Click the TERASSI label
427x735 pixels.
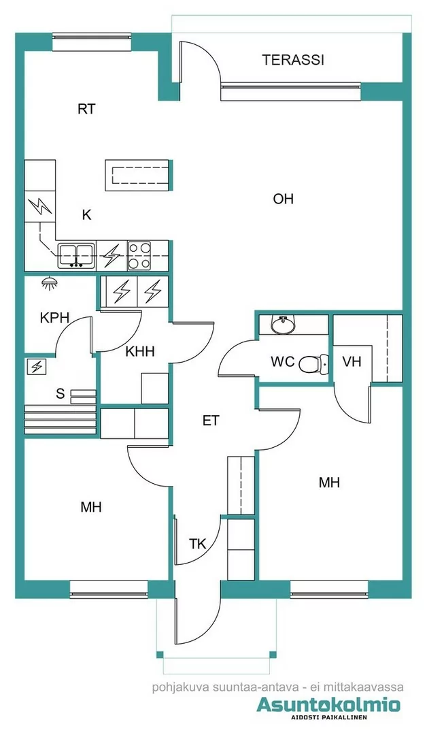(293, 60)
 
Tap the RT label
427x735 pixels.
(86, 109)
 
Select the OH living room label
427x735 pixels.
(283, 199)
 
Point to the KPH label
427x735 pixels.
(55, 318)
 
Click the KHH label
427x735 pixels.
(140, 352)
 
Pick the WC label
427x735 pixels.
(282, 361)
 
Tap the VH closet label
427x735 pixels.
(352, 361)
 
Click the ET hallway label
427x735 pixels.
(211, 421)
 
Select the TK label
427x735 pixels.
(197, 544)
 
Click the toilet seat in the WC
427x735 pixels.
(311, 364)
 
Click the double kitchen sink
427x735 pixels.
(75, 255)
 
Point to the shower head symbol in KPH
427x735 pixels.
(48, 282)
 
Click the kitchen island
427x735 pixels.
(137, 176)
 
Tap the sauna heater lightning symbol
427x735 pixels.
(36, 367)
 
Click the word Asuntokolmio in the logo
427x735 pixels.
(328, 706)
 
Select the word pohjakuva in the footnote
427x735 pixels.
(179, 687)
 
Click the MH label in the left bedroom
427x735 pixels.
(91, 507)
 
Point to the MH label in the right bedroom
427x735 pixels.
(329, 483)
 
